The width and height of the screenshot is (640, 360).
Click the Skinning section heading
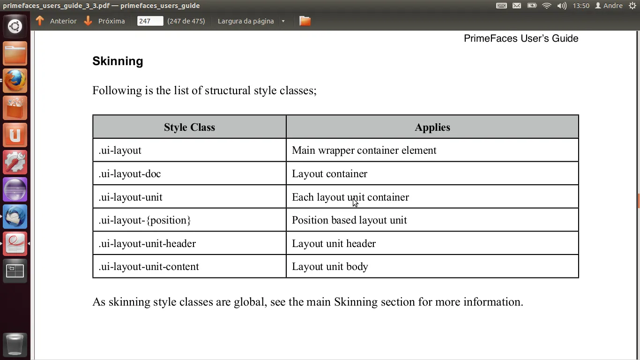pyautogui.click(x=118, y=61)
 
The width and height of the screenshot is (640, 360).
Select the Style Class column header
pyautogui.click(x=189, y=127)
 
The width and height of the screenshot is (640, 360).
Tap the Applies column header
pyautogui.click(x=432, y=127)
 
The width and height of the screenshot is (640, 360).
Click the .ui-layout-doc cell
pyautogui.click(x=130, y=174)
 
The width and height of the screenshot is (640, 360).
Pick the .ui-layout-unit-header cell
pyautogui.click(x=147, y=244)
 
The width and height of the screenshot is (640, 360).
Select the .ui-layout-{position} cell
pyautogui.click(x=145, y=220)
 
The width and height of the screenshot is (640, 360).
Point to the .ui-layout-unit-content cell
pyautogui.click(x=149, y=267)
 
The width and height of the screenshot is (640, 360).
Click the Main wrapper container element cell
pyautogui.click(x=364, y=150)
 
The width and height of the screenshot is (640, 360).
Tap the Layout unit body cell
pyautogui.click(x=330, y=267)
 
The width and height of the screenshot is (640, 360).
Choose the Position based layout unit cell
pyautogui.click(x=349, y=220)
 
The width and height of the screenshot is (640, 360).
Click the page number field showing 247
pyautogui.click(x=150, y=21)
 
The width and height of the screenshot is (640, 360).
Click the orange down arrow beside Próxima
pyautogui.click(x=88, y=21)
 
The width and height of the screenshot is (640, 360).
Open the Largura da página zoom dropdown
pyautogui.click(x=251, y=21)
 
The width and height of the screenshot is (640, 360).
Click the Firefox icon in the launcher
pyautogui.click(x=15, y=81)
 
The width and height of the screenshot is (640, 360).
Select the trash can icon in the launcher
pyautogui.click(x=15, y=345)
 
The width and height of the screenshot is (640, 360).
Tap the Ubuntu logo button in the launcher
pyautogui.click(x=15, y=26)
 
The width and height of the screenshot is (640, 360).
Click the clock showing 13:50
pyautogui.click(x=581, y=6)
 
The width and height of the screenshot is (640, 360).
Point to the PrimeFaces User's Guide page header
pyautogui.click(x=521, y=38)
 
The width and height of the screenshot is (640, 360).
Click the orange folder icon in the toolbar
pyautogui.click(x=305, y=21)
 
